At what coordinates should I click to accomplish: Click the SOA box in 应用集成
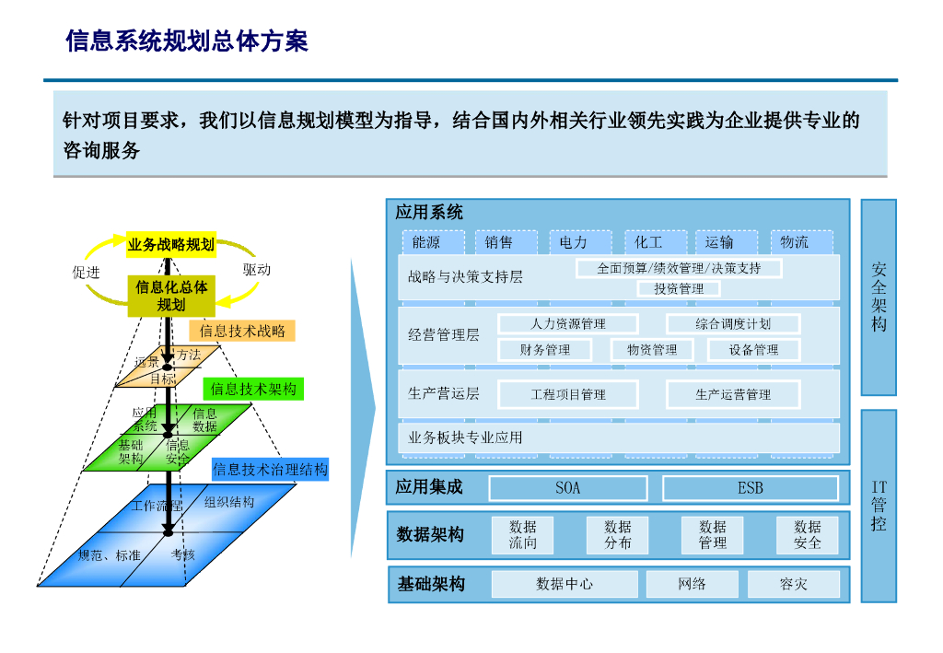pos(567,488)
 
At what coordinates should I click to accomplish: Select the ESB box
pos(750,488)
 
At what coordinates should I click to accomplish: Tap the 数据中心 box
pos(564,584)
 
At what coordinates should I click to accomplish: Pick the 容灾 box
pos(793,584)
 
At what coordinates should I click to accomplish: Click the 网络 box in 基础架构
pos(692,584)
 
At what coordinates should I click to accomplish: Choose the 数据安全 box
pos(807,535)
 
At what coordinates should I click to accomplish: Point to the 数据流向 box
pos(522,535)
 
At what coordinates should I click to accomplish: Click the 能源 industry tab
pos(426,242)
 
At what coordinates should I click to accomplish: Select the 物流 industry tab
pos(794,242)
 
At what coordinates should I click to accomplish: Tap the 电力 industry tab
pos(573,242)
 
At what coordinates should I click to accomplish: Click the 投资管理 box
pos(679,289)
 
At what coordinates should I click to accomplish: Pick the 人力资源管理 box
pos(567,324)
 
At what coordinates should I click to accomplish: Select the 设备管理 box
pos(753,350)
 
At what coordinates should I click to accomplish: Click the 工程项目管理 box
pos(567,394)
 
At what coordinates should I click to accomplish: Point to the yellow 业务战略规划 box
pos(171,244)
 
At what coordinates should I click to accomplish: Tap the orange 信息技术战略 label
pos(242,331)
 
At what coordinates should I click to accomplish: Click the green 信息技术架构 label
pos(252,390)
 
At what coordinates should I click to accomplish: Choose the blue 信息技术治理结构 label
pos(270,470)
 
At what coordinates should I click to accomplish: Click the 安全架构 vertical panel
pos(879,297)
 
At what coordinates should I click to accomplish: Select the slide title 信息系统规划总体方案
pos(187,41)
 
